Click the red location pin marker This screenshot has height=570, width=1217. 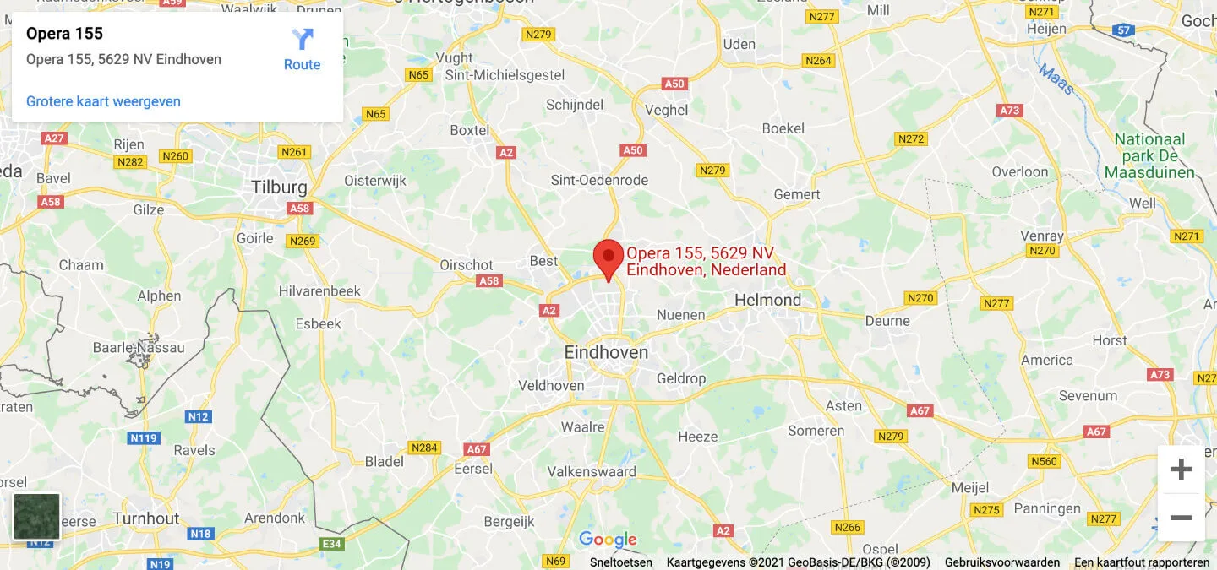tap(608, 258)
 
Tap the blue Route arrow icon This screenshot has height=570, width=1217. tap(302, 39)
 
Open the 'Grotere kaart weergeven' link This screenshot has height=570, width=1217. tap(103, 101)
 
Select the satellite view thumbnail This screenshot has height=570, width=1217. tap(37, 516)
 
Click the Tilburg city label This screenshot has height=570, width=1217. tap(279, 187)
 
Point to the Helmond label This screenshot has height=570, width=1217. tap(767, 300)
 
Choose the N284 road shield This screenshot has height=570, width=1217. tap(424, 448)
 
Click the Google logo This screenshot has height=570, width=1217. tap(608, 540)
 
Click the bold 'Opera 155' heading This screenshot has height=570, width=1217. tap(64, 34)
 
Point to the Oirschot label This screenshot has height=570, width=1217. tap(467, 264)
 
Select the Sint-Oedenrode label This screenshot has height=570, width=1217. tap(599, 180)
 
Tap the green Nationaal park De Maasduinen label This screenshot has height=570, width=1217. tap(1149, 156)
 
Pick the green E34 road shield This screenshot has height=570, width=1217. tap(332, 544)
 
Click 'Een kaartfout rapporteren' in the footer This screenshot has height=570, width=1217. tap(1142, 562)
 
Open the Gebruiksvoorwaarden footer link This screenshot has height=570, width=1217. tap(1002, 562)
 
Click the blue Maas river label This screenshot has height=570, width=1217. tap(1056, 80)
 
